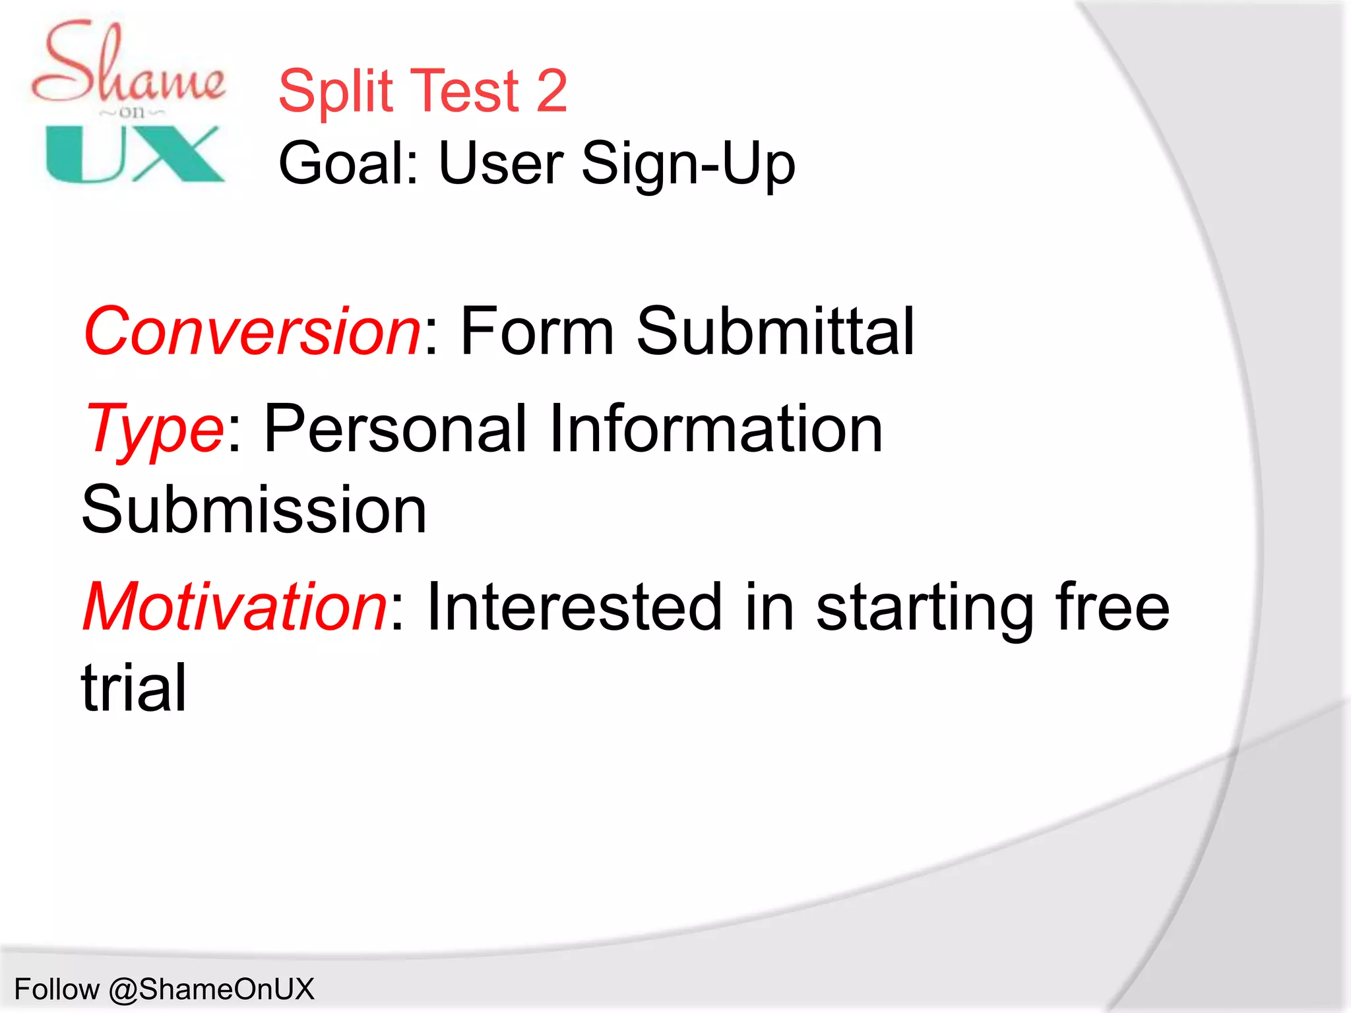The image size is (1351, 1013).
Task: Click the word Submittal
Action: [775, 331]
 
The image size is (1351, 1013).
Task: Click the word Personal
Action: [396, 429]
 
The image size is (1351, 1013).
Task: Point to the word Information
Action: [715, 429]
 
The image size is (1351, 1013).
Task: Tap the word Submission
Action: [254, 510]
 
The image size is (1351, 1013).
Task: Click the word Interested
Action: [574, 606]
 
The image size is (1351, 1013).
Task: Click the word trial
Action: [134, 687]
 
